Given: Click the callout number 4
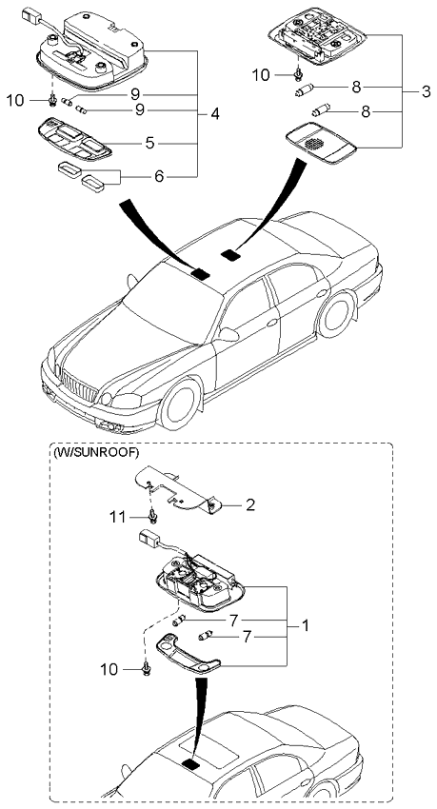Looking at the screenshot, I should point(216,114).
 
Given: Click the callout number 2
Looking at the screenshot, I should point(249,504).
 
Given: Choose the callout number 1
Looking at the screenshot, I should point(305,625).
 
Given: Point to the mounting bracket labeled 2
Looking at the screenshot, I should point(186,487).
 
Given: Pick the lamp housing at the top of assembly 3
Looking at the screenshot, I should point(318,38).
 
